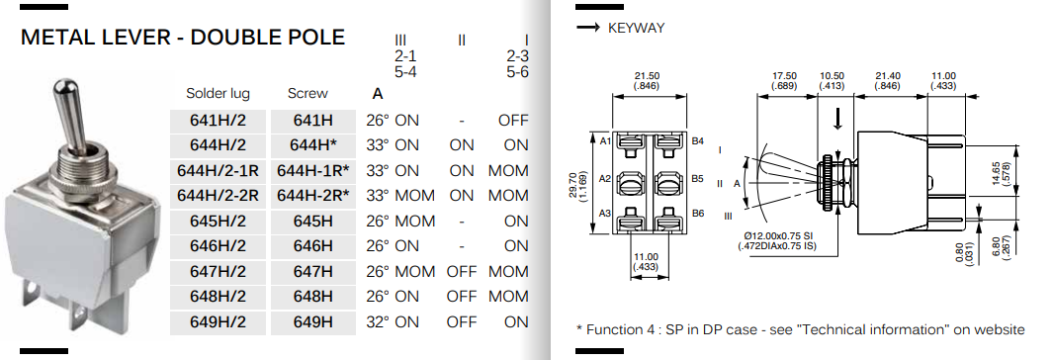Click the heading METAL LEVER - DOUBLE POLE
183,38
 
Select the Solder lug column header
218,94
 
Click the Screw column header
307,94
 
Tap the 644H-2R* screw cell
312,196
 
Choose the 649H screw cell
312,321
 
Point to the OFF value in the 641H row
513,121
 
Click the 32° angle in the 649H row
378,321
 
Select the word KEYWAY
636,28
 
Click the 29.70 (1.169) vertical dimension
583,182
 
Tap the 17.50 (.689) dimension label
784,80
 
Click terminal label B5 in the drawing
698,180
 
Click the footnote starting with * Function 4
800,329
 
